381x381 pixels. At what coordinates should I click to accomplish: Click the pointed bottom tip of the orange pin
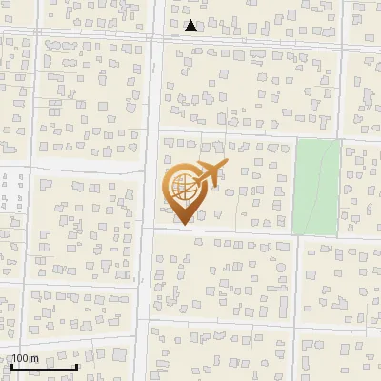(x=181, y=225)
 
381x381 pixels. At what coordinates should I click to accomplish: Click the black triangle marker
(x=191, y=26)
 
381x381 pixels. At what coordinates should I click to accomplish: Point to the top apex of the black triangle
(x=191, y=20)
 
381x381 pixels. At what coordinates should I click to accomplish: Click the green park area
(x=315, y=187)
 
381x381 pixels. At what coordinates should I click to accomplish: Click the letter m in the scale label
(x=34, y=358)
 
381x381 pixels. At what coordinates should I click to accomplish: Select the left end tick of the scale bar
(x=12, y=367)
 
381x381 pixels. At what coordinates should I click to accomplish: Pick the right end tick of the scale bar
(x=76, y=367)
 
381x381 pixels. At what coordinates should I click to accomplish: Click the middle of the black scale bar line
(x=44, y=368)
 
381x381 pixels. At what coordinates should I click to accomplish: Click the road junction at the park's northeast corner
(x=340, y=139)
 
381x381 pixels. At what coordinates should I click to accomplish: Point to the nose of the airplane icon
(x=228, y=166)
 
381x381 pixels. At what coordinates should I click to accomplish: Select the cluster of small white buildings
(x=12, y=202)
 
